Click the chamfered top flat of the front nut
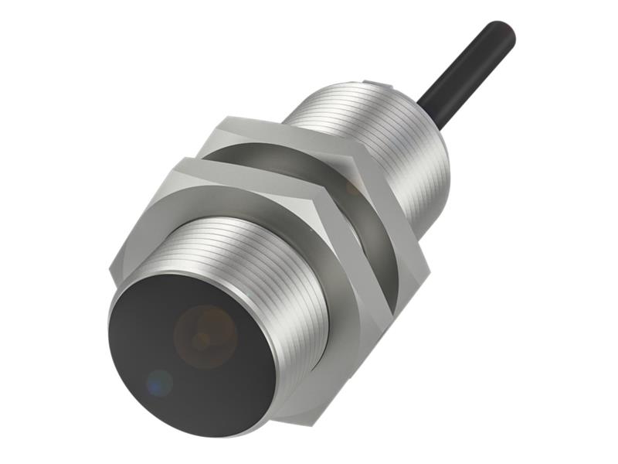click(224, 172)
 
